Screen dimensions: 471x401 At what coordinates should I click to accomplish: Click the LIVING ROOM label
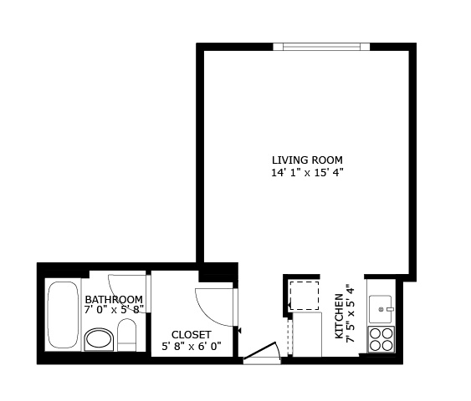coord(307,160)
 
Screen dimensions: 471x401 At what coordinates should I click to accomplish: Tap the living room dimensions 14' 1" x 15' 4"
coord(307,173)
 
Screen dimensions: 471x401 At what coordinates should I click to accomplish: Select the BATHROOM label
coord(114,299)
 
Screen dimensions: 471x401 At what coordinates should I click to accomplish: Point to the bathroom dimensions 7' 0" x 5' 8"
coord(114,310)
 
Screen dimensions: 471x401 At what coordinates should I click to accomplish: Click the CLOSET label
coord(192,334)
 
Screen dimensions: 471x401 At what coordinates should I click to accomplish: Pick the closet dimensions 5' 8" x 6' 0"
coord(192,347)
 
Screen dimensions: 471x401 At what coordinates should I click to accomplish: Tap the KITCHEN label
coord(339,316)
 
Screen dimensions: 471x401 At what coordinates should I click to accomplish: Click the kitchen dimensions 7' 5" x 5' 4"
coord(351,314)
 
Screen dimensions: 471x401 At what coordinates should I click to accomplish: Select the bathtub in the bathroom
coord(63,314)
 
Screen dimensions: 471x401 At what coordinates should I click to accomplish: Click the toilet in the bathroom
coord(127,335)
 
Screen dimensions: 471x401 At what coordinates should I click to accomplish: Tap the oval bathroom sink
coord(99,339)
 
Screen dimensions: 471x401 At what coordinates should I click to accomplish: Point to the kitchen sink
coord(381,309)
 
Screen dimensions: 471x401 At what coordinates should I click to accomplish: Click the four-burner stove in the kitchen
coord(381,339)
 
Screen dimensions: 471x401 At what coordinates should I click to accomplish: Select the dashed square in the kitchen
coord(304,296)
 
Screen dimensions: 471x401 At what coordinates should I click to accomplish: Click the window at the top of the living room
coord(321,47)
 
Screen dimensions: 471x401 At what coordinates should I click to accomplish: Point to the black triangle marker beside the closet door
coord(239,331)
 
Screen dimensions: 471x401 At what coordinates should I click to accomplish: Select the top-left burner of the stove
coord(375,333)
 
